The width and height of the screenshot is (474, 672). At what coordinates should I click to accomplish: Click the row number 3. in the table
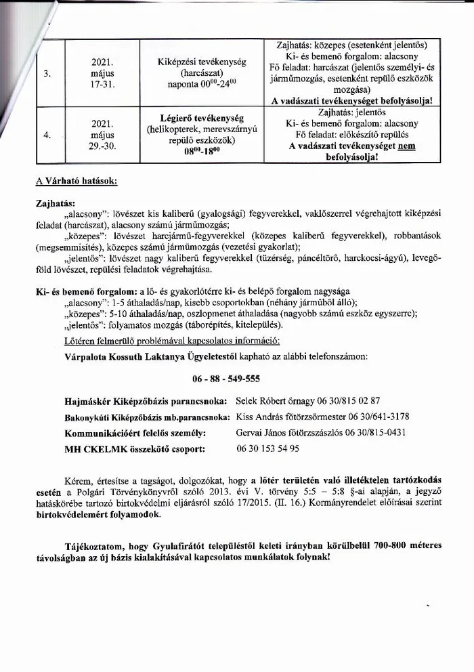[x=47, y=74]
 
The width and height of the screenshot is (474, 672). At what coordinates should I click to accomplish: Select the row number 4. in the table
[x=47, y=135]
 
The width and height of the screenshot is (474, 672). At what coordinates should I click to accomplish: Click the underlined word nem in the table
[x=406, y=145]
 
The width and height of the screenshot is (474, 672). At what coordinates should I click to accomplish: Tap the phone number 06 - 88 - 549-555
[x=221, y=378]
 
